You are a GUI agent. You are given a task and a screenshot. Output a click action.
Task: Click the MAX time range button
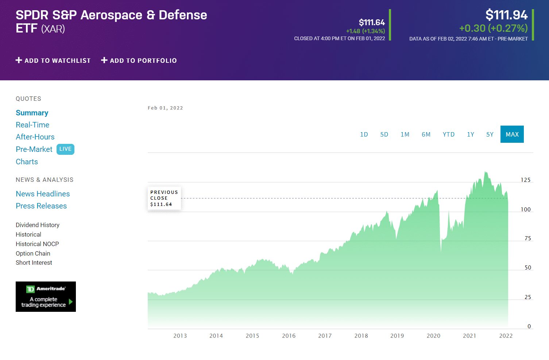click(x=512, y=134)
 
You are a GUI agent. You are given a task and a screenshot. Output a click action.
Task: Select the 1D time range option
click(x=364, y=134)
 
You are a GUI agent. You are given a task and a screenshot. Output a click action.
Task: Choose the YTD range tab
click(x=448, y=134)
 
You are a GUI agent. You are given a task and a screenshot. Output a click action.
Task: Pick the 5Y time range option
click(x=490, y=134)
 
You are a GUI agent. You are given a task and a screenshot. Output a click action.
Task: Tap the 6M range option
click(x=426, y=134)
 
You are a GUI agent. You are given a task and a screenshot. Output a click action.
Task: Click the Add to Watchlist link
click(x=53, y=61)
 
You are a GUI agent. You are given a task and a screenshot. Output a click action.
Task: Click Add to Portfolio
click(x=139, y=61)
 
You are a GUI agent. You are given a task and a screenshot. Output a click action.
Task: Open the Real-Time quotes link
click(x=32, y=125)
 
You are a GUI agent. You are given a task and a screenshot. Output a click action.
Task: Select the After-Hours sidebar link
click(x=35, y=137)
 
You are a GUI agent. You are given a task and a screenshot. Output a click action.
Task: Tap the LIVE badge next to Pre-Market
click(x=65, y=149)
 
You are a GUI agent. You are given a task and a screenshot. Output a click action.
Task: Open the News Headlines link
click(x=43, y=194)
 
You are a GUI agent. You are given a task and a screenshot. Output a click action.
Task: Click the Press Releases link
click(x=41, y=206)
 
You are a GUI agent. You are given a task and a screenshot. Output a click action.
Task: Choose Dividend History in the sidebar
click(x=38, y=225)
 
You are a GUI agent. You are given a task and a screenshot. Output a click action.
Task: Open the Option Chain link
click(x=33, y=253)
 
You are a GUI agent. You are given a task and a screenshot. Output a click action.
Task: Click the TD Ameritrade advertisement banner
click(x=46, y=296)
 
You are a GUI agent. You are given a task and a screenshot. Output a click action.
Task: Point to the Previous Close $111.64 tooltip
click(x=164, y=198)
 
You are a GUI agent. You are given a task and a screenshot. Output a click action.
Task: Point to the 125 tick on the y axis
click(x=525, y=180)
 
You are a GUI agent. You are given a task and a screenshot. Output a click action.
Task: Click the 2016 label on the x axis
click(x=289, y=336)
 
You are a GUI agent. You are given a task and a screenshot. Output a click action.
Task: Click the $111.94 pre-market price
click(x=506, y=15)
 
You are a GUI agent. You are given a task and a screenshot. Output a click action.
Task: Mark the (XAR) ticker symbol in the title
click(x=53, y=29)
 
